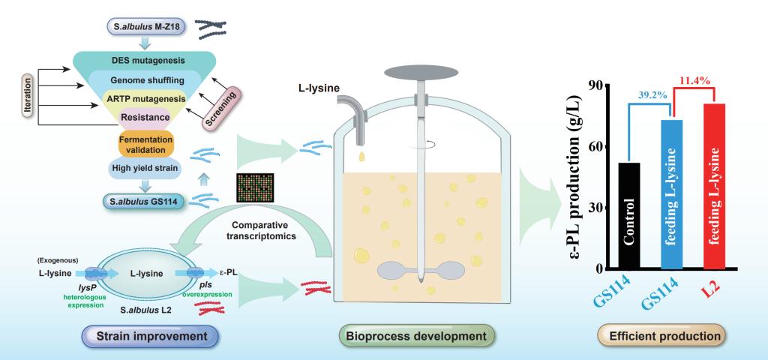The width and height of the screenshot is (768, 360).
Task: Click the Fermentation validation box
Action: click(x=145, y=143)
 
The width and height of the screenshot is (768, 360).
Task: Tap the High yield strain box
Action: click(x=145, y=168)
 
